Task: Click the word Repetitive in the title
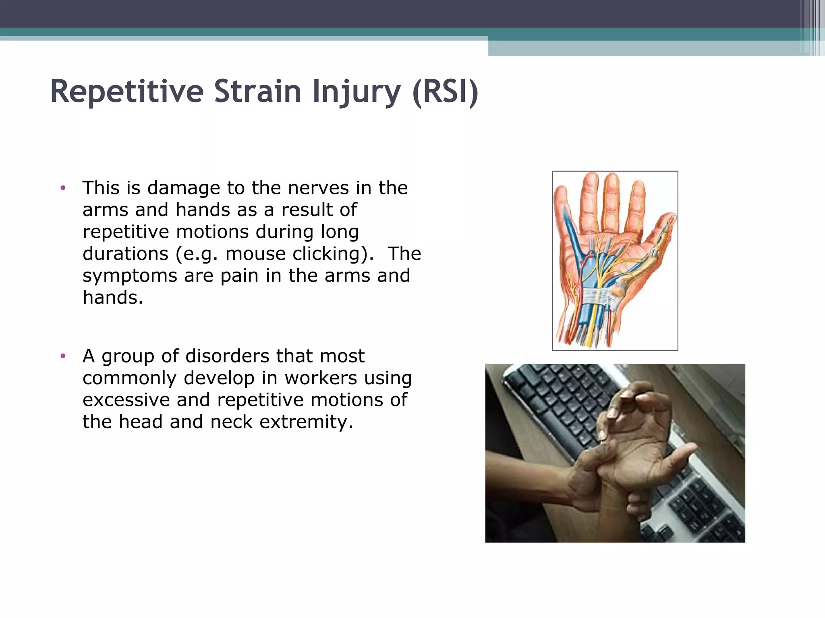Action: tap(127, 92)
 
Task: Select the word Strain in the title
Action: tap(257, 92)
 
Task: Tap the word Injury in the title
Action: tap(356, 92)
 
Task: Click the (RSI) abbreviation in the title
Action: tap(446, 92)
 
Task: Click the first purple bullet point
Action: tap(62, 188)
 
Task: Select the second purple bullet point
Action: tap(62, 356)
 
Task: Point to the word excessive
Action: tap(126, 400)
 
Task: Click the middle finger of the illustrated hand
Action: tap(611, 197)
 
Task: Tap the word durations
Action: tap(125, 254)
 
